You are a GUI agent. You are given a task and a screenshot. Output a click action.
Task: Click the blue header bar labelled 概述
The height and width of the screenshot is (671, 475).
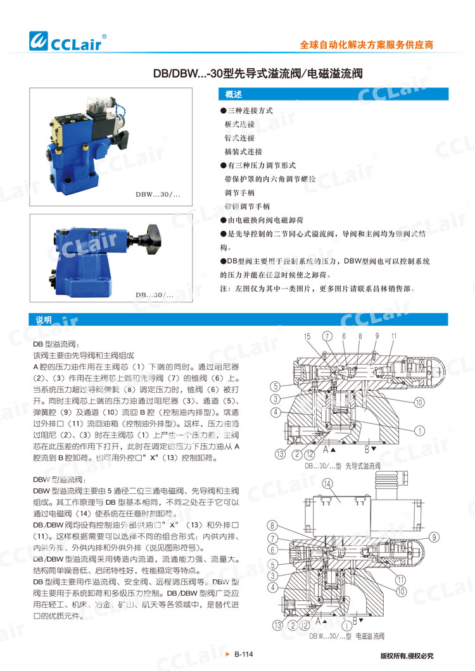pyautogui.click(x=333, y=95)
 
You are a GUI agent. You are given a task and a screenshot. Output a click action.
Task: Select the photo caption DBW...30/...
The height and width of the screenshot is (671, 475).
pyautogui.click(x=158, y=196)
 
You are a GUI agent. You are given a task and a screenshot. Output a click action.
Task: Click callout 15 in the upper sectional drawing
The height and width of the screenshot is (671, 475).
pyautogui.click(x=308, y=336)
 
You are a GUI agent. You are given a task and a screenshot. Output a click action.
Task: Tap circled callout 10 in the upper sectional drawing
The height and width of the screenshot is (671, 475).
pyautogui.click(x=419, y=402)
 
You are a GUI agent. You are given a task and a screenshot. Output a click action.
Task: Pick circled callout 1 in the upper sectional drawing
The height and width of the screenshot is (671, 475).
pyautogui.click(x=419, y=431)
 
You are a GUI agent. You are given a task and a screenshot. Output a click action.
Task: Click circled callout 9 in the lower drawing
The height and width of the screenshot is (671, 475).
pyautogui.click(x=434, y=537)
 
